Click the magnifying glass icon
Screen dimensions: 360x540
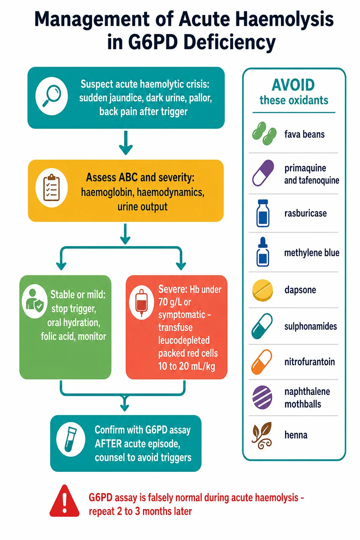pyautogui.click(x=52, y=96)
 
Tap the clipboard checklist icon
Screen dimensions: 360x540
pyautogui.click(x=51, y=187)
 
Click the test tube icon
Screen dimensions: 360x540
pyautogui.click(x=70, y=439)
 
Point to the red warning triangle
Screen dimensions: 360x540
pyautogui.click(x=64, y=501)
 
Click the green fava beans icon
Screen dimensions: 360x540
pyautogui.click(x=264, y=134)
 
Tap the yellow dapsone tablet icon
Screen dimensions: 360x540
pyautogui.click(x=263, y=290)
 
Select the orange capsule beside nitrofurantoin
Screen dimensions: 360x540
pyautogui.click(x=262, y=362)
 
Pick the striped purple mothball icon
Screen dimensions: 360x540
pyautogui.click(x=262, y=397)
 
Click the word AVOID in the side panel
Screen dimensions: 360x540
pyautogui.click(x=293, y=85)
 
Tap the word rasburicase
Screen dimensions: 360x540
pyautogui.click(x=306, y=213)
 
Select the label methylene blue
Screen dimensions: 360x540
pyautogui.click(x=312, y=253)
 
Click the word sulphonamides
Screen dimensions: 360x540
pyautogui.click(x=310, y=326)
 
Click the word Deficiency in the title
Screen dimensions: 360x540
pyautogui.click(x=230, y=42)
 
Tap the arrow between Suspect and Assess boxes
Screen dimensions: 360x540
pyautogui.click(x=126, y=143)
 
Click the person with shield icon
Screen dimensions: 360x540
pyautogui.click(x=34, y=301)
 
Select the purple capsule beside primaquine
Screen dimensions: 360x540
pyautogui.click(x=263, y=173)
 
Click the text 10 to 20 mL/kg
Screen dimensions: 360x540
pyautogui.click(x=187, y=366)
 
